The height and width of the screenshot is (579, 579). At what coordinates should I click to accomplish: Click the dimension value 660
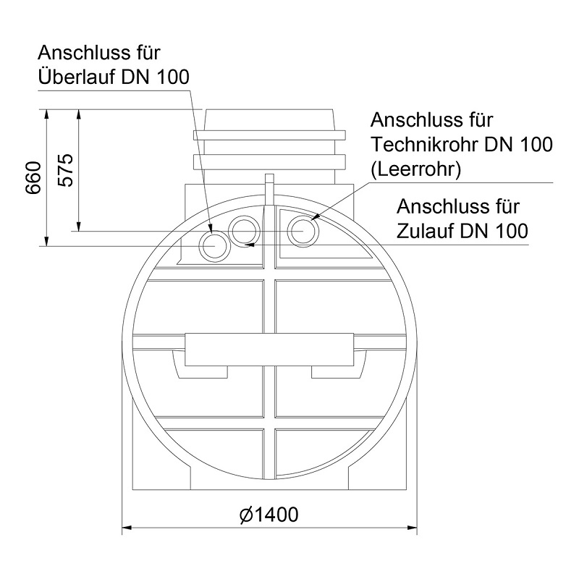click(33, 177)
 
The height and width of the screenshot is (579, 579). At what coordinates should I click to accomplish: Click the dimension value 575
click(66, 170)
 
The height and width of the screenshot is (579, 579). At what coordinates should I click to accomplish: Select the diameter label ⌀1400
click(269, 515)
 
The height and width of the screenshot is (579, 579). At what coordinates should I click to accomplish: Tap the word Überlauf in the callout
click(77, 77)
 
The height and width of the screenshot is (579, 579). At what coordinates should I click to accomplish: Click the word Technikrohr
click(425, 144)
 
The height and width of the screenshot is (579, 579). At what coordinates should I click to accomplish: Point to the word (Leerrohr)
click(416, 169)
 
